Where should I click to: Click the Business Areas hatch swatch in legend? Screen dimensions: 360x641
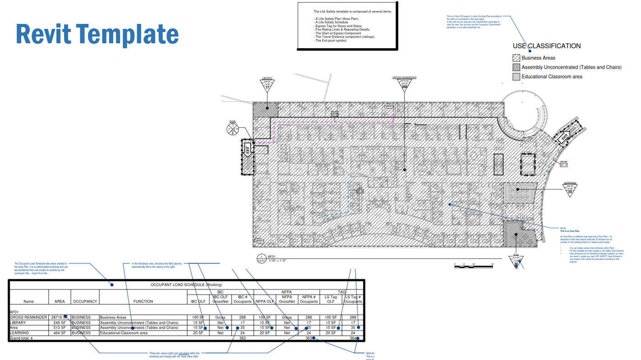coord(516,58)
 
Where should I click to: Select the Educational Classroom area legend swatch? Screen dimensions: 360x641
coord(516,77)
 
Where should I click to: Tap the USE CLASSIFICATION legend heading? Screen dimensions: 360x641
coord(547,46)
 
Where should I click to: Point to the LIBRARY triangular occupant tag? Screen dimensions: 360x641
coord(267,85)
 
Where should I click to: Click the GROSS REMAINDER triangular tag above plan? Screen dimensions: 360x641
coord(404,84)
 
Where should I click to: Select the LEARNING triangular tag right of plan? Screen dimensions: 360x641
coord(570,189)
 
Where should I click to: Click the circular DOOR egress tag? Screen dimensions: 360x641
coord(232,129)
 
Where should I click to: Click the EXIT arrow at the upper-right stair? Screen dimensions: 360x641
coord(564,138)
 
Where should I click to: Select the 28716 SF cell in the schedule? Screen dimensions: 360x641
coord(59,317)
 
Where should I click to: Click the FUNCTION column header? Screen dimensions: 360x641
coord(143,301)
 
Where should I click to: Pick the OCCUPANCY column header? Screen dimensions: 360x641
coord(85,301)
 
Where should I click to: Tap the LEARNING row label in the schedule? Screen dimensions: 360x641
coord(19,333)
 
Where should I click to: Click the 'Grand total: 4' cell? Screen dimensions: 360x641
coord(21,338)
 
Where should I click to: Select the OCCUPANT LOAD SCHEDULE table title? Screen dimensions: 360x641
coord(186,285)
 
